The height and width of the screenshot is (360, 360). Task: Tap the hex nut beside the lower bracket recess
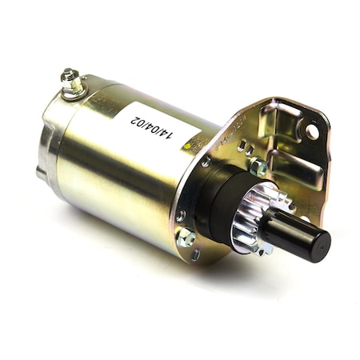(x=258, y=166)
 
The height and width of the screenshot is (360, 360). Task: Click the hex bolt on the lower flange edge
(x=186, y=237)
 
